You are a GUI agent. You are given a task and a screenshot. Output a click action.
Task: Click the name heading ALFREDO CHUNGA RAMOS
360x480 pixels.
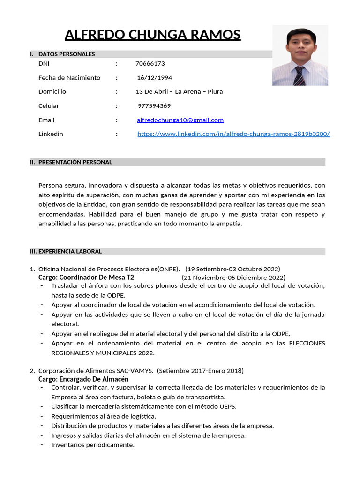152,35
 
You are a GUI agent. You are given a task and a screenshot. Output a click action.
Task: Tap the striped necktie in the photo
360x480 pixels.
299,76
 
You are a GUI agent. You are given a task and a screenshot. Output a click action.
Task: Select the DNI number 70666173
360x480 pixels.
150,64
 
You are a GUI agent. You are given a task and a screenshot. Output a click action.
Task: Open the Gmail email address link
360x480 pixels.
180,120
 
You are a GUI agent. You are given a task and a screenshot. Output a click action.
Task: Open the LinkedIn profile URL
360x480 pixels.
233,134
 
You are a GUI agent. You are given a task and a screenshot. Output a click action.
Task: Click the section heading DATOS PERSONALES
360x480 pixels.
67,54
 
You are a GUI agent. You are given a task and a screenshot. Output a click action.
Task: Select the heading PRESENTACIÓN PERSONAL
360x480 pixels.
75,162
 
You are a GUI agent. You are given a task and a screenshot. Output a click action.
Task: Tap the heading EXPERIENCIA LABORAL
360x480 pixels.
70,251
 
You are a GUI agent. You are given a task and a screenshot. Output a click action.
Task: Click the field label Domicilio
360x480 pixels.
52,92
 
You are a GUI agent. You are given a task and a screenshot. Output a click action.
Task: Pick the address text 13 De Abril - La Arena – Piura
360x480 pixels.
179,92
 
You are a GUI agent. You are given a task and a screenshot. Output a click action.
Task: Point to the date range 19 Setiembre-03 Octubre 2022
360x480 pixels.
232,269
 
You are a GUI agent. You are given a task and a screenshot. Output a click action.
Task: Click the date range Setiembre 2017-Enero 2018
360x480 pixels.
200,371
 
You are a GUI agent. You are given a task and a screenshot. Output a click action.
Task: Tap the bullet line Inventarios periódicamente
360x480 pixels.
93,445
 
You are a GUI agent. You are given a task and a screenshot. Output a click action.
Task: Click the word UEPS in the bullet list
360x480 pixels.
228,406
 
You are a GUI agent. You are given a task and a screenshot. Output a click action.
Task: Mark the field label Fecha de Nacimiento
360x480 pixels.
69,78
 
